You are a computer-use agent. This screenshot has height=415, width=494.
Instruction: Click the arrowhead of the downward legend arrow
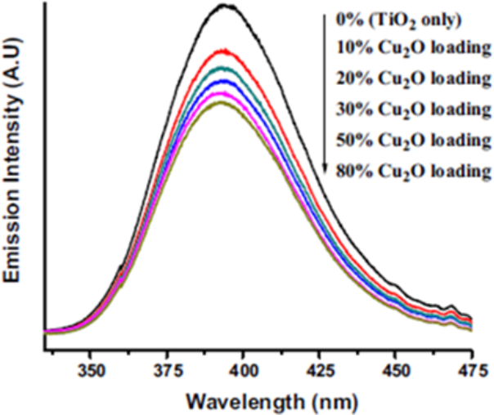325,170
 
